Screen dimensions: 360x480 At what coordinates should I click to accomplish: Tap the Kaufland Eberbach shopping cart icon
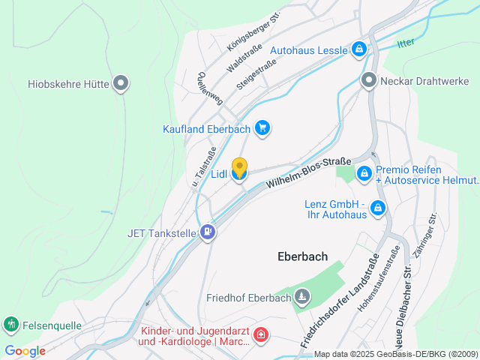pos(262,128)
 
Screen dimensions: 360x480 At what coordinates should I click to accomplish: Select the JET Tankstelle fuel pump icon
pos(208,233)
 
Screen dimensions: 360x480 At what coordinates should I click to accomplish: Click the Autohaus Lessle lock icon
pos(359,50)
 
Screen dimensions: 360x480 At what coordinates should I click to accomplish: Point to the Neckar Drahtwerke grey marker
pos(368,80)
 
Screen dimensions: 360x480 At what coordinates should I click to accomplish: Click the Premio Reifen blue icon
pos(364,173)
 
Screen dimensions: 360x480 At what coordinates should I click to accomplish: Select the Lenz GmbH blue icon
pos(378,208)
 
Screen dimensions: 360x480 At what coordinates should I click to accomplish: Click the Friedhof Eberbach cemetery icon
pos(301,298)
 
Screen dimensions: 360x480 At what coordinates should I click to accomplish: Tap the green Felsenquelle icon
pos(11,325)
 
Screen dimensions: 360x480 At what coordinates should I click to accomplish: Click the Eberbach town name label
pos(302,256)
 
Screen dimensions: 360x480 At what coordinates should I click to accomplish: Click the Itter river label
pos(406,43)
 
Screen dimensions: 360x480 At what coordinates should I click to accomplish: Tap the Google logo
pos(25,350)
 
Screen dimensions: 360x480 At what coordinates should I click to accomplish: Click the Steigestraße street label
pos(255,76)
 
